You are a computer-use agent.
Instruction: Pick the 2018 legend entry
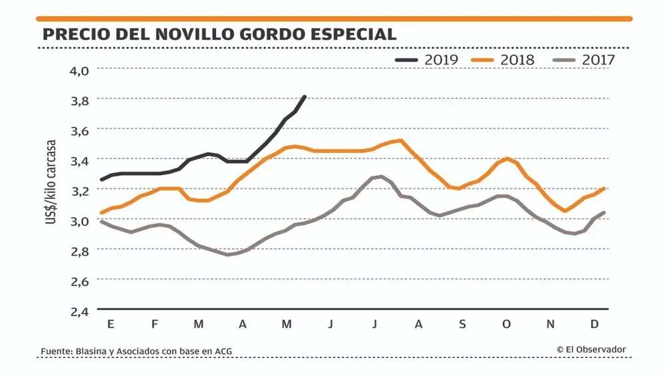click(503, 60)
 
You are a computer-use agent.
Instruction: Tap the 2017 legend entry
click(583, 60)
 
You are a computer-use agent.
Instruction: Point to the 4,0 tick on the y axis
click(79, 69)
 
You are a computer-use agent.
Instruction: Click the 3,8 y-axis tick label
click(79, 100)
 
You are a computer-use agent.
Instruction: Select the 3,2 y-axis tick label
click(79, 190)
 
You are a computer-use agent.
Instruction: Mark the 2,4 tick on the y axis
click(79, 311)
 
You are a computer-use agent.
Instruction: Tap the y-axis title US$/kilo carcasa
click(51, 181)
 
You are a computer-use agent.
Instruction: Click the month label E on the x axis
click(110, 324)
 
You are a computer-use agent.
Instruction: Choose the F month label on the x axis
click(154, 324)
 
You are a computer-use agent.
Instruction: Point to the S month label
click(462, 324)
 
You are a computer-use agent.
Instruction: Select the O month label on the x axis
click(506, 324)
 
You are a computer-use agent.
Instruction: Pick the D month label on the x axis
click(595, 324)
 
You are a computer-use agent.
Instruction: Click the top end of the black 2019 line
click(305, 97)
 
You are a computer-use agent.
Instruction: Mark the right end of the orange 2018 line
click(604, 188)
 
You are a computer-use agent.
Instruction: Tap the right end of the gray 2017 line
click(604, 213)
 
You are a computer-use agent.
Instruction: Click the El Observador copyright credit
click(591, 349)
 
